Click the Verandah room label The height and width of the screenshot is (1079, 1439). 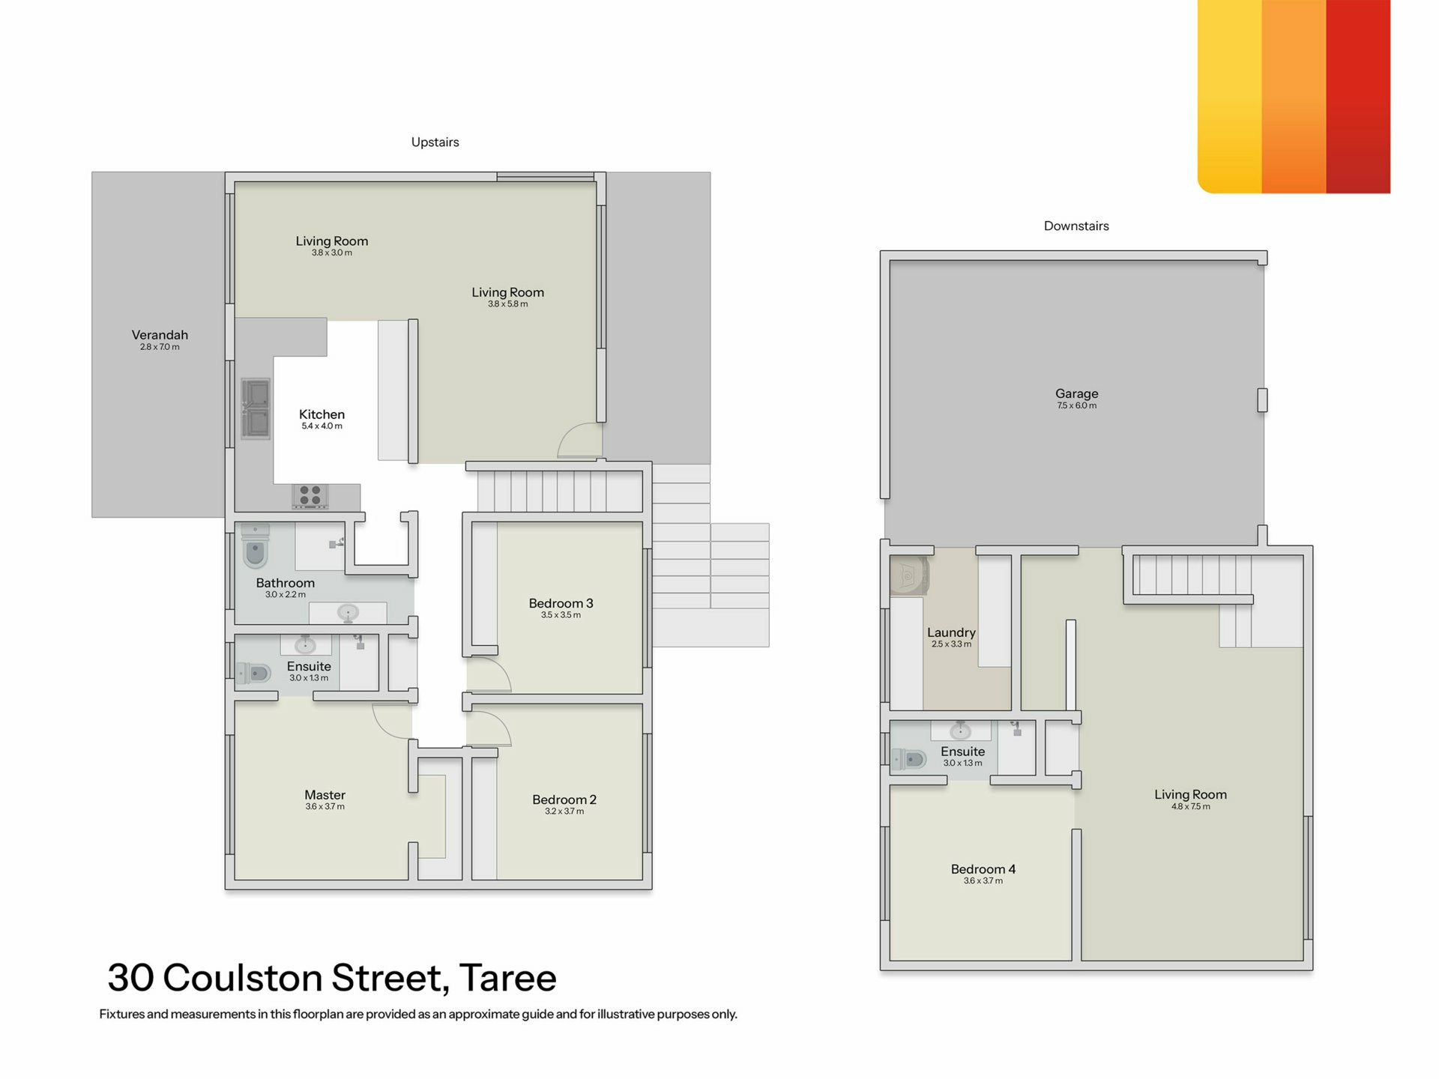160,335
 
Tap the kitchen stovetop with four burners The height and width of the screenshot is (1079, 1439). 310,495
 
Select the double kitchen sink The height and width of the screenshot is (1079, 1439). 256,408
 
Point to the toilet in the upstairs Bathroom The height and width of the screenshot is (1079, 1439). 256,545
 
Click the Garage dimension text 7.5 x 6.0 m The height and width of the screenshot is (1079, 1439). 1076,405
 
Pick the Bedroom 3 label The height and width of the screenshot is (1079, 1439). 561,603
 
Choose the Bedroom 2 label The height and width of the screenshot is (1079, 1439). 564,800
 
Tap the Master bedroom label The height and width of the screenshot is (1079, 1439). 325,795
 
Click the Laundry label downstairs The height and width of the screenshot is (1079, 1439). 951,633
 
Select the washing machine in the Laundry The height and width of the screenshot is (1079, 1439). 909,576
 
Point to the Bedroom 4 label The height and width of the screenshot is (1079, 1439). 983,869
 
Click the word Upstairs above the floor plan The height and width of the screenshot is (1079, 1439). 435,142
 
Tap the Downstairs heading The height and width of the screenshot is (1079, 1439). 1076,226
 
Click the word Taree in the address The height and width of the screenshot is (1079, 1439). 507,978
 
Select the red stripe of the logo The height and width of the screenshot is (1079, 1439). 1358,97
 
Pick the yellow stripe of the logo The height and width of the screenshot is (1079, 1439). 1230,97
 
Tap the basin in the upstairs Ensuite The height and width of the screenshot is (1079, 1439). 305,644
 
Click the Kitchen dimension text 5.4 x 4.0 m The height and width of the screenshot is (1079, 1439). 322,426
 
